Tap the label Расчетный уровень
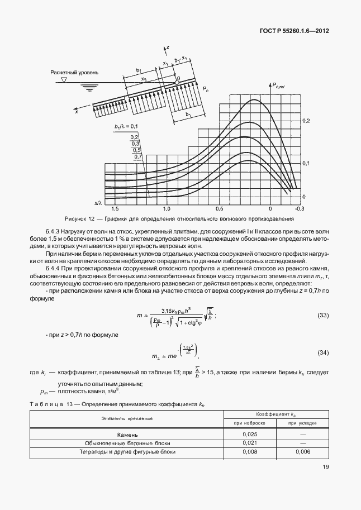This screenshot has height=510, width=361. (75, 73)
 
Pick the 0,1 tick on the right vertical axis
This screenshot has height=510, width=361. (305, 163)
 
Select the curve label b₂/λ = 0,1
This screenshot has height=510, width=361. (126, 127)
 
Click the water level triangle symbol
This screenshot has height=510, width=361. (63, 80)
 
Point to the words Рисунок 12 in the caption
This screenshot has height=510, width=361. (79, 219)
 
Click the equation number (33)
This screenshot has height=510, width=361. (322, 316)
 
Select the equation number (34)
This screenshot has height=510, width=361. (322, 354)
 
